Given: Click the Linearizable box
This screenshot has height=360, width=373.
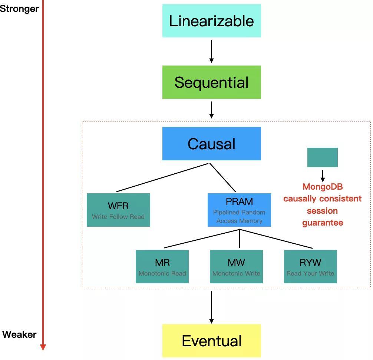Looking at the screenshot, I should [211, 21].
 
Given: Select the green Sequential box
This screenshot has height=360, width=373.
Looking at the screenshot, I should [211, 82].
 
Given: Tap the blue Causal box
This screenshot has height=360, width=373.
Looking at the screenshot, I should [211, 144].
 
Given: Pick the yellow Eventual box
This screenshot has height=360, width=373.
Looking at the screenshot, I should [211, 341].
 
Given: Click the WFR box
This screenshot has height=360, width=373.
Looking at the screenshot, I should [118, 210].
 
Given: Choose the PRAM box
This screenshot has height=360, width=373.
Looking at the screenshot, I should [239, 210].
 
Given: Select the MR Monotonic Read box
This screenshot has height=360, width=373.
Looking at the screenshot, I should [162, 267].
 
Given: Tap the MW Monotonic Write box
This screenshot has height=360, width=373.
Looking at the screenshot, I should [236, 267].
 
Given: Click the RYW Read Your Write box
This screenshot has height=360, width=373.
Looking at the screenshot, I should [310, 267].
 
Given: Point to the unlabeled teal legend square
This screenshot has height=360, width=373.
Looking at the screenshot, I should [322, 157].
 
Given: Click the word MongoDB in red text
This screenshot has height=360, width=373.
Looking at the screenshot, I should [323, 187].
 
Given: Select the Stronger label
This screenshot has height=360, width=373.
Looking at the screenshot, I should [19, 9].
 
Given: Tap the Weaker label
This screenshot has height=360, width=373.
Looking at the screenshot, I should [19, 334].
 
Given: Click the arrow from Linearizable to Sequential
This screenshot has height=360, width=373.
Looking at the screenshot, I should [211, 51].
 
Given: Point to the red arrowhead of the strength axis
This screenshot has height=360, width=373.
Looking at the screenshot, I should [43, 347].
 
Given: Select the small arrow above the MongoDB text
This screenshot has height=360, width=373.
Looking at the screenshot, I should [323, 176].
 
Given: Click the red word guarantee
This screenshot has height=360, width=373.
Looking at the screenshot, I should [323, 223].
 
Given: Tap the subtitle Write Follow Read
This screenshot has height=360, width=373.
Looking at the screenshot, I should [118, 217].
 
